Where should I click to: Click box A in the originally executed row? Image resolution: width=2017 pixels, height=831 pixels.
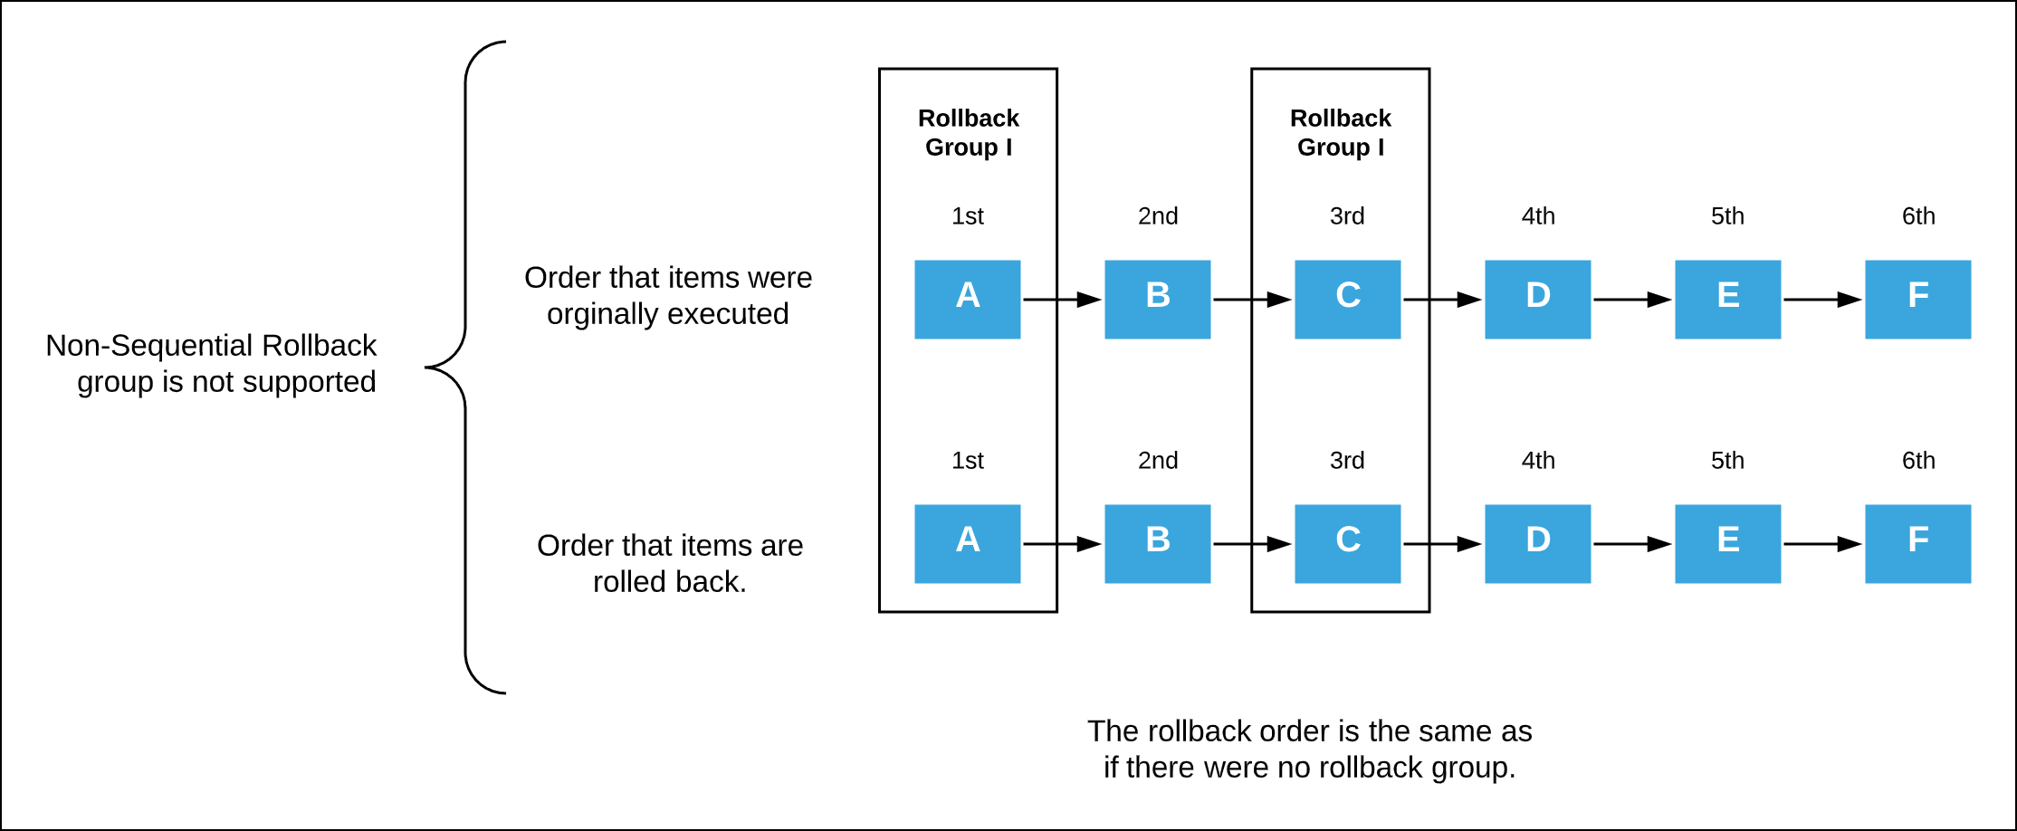967,299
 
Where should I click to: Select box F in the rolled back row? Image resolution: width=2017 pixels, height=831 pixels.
1917,543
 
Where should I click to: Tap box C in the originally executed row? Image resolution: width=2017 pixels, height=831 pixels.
1347,299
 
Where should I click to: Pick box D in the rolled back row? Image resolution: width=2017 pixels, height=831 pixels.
1537,543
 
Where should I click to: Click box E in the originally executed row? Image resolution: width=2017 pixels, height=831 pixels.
1727,299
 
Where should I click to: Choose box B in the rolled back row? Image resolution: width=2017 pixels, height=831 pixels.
1157,543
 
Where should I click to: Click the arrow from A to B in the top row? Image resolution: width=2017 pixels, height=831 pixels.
1062,300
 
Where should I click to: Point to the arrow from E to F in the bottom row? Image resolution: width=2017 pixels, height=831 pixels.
1822,544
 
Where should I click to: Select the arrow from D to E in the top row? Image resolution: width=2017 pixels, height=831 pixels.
1632,300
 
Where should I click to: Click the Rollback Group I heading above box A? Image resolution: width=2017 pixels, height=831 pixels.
968,132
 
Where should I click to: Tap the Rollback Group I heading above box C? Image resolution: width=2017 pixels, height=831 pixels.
1340,132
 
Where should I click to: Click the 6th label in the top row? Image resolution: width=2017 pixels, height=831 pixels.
1918,216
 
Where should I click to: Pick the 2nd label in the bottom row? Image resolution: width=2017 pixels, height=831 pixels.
1158,461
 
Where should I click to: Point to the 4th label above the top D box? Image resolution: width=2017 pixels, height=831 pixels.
1538,216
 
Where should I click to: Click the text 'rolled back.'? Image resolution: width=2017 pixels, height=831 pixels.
669,582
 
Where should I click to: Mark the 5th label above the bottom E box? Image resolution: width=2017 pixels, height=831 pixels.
1727,461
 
